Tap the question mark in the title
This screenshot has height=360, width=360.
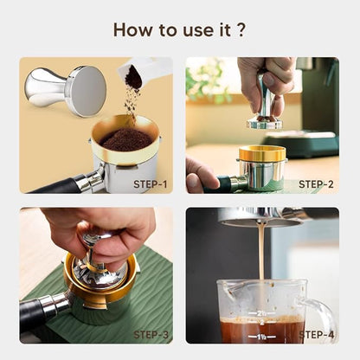point(241,30)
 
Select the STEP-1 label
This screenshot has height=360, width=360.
point(151,183)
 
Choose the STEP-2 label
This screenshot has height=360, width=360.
point(316,183)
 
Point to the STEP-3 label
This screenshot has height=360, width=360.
point(151,334)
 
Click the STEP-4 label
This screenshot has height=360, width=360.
point(316,334)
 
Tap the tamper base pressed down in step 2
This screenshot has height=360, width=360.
point(264,123)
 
